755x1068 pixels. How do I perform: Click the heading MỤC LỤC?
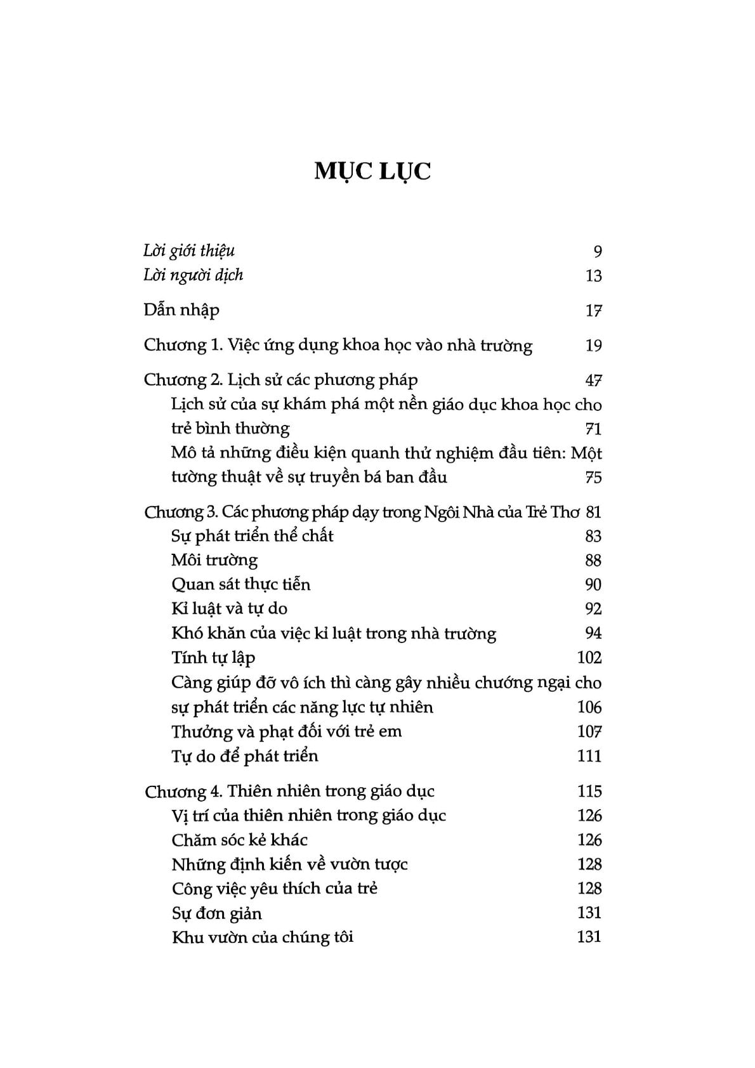tap(372, 172)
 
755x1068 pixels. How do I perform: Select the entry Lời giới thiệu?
tap(189, 251)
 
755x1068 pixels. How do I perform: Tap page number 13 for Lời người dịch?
tap(593, 276)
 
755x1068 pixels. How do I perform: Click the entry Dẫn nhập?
tap(181, 310)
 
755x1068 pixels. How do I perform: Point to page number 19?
tap(593, 346)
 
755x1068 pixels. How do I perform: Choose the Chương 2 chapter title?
tap(280, 380)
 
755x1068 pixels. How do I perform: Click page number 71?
tap(593, 429)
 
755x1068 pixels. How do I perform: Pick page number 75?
tap(593, 477)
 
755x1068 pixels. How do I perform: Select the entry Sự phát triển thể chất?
tap(252, 536)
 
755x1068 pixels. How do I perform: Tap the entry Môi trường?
tap(214, 560)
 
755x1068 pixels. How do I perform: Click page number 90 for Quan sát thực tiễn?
tap(593, 584)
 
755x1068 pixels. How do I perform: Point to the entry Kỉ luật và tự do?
tap(229, 609)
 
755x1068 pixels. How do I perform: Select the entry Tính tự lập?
tap(213, 658)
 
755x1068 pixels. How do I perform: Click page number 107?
tap(589, 732)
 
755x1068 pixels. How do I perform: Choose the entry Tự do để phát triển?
tap(244, 756)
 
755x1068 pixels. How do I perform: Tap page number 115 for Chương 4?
tap(589, 791)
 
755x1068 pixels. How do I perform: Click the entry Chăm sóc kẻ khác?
tap(239, 840)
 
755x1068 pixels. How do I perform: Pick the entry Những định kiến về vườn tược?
tap(289, 864)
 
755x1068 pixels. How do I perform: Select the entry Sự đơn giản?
tap(216, 913)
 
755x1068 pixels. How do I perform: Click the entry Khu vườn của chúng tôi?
tap(262, 937)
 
